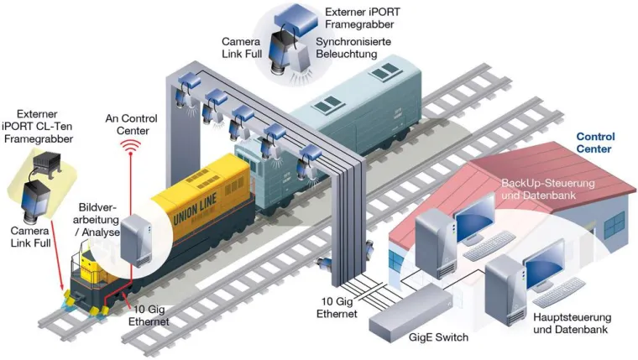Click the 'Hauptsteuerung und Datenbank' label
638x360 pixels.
[x=572, y=323]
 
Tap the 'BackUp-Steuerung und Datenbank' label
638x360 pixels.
[x=546, y=189]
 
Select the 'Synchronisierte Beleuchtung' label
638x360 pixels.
[x=347, y=47]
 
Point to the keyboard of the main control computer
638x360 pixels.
[x=558, y=294]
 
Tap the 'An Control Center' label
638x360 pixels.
[x=131, y=123]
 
